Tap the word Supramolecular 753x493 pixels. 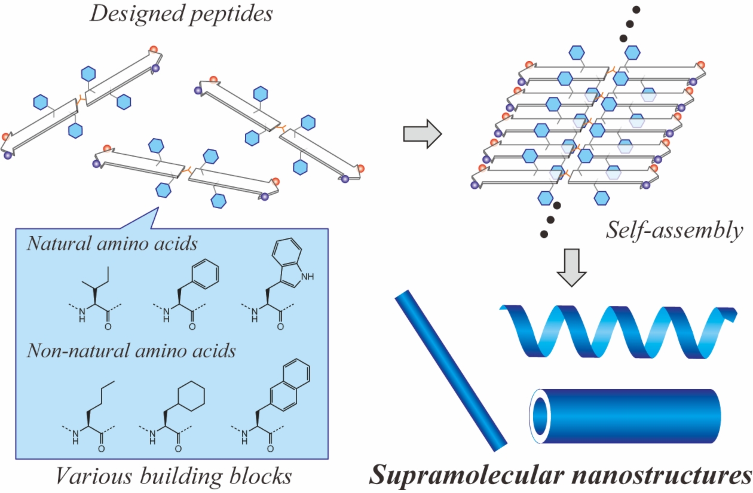[x=459, y=475]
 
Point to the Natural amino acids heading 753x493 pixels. [x=112, y=243]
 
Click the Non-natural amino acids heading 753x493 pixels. [x=131, y=350]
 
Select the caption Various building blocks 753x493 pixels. [x=173, y=476]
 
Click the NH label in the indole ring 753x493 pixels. [x=308, y=277]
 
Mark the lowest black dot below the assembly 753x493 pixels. [x=543, y=233]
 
